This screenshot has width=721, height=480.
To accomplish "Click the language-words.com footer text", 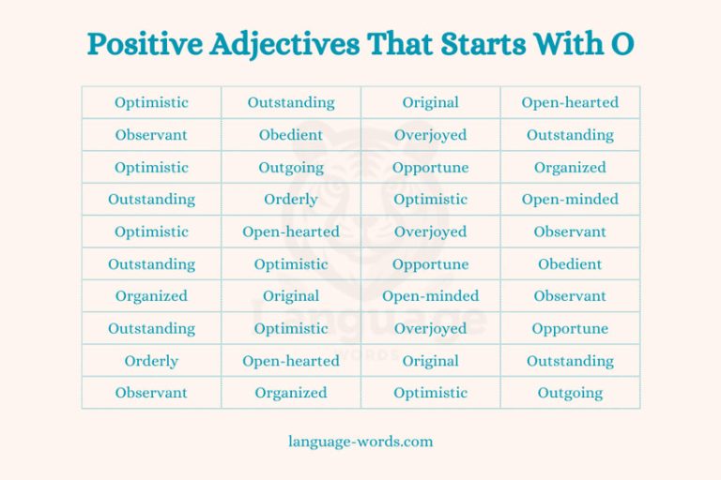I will pos(360,441).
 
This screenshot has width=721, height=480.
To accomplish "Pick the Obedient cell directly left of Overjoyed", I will pos(291,135).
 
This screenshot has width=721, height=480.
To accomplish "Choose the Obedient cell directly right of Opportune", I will pos(570,264).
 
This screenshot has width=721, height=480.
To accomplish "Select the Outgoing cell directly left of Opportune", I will pos(291,168).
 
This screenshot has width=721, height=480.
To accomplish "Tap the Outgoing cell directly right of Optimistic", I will pos(570,393).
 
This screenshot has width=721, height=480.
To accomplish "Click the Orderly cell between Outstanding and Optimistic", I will pos(291,200).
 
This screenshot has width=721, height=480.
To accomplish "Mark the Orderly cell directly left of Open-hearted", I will pos(151,361).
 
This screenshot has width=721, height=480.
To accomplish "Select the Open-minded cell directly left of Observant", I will pos(431,296).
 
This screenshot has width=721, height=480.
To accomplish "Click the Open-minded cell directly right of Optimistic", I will pos(570,200).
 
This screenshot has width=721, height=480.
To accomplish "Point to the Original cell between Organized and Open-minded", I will pos(291,296).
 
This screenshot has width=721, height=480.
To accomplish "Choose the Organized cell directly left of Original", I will pos(151,296).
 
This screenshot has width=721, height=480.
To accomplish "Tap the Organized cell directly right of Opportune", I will pos(570,168).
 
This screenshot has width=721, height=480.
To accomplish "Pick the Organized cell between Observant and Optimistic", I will pos(291,393).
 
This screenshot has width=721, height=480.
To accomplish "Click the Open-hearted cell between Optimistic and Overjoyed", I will pos(291,232).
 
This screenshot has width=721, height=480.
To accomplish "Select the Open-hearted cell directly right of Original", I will pos(570,103).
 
